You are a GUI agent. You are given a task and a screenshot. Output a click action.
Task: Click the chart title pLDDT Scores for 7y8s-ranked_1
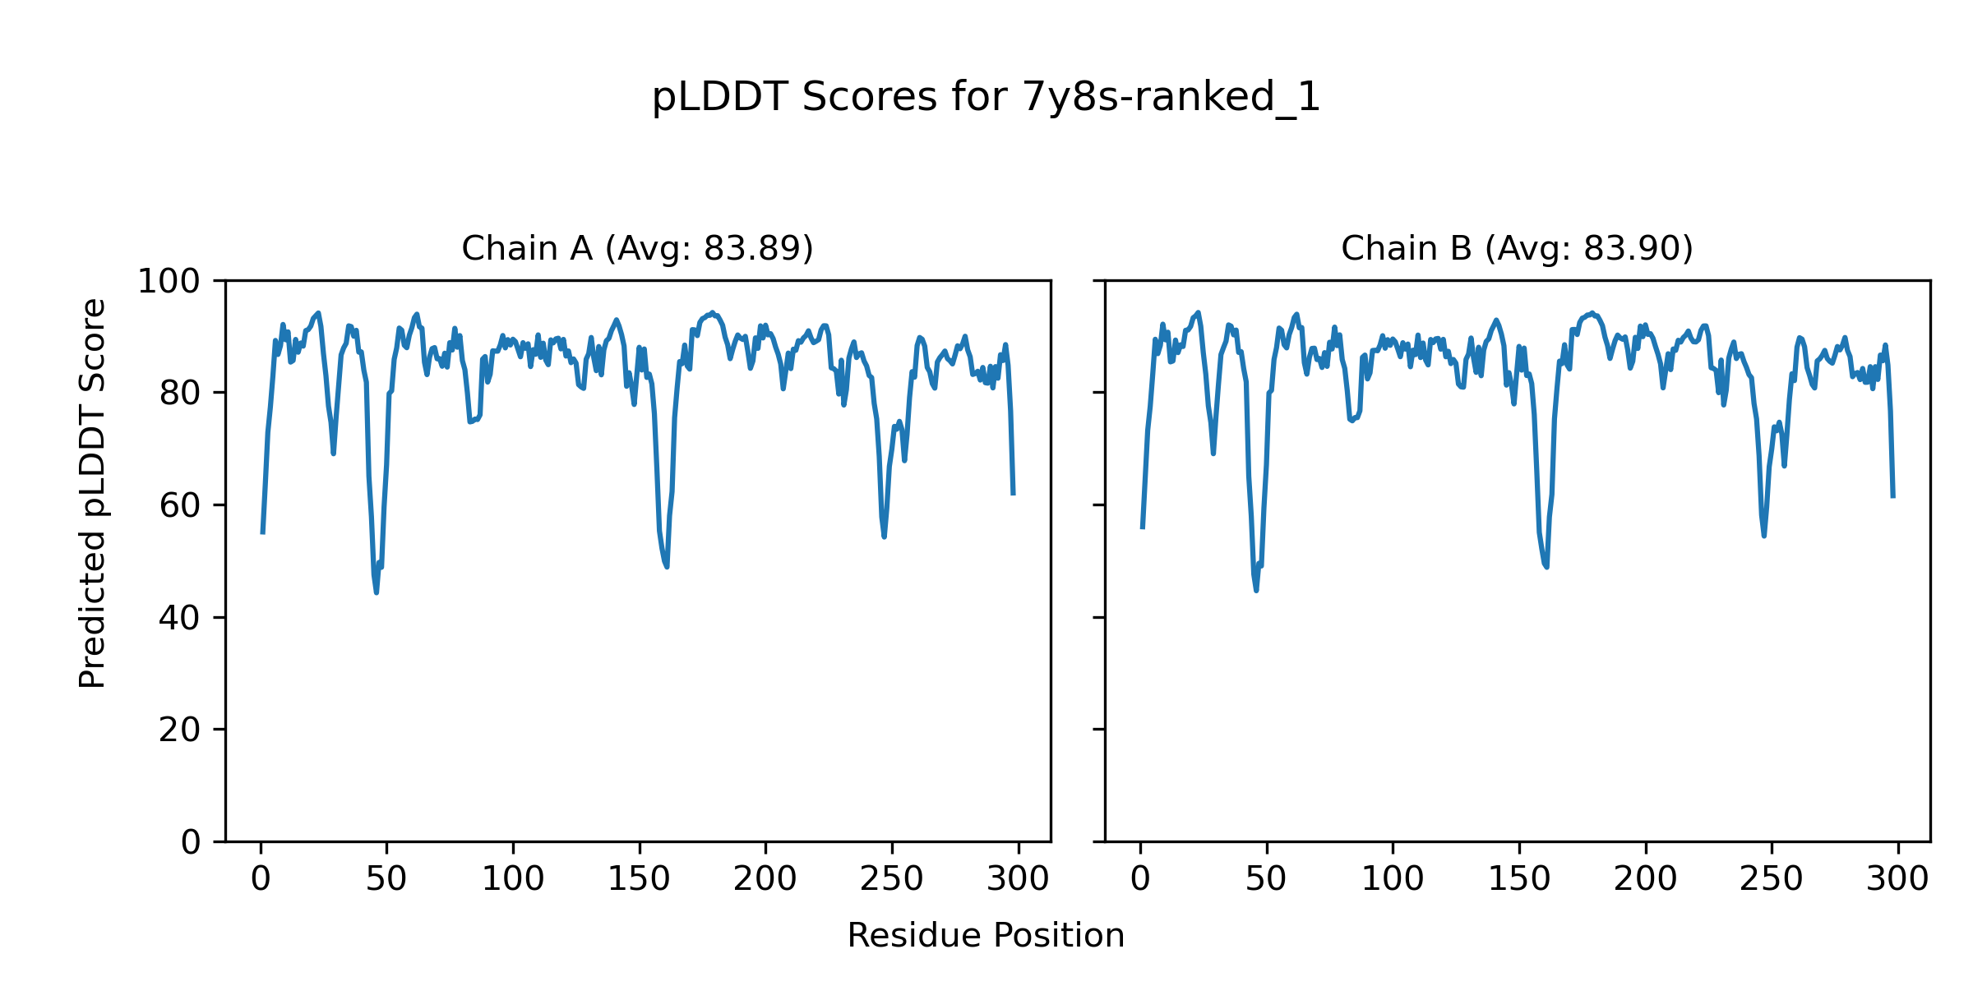[986, 98]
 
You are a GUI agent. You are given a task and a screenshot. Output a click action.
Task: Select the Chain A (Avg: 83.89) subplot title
[637, 248]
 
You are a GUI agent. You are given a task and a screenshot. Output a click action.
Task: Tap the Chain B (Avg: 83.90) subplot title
[1517, 248]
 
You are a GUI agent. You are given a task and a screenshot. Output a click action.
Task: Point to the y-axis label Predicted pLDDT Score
[92, 493]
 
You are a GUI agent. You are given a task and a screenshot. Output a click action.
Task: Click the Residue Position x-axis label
[986, 936]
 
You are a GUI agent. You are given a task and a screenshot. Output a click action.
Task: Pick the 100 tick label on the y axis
[169, 282]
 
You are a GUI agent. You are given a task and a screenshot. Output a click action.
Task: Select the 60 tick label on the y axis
[180, 506]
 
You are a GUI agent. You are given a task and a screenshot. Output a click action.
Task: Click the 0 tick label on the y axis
[191, 842]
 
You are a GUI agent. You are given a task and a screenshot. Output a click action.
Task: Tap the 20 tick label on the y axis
[180, 730]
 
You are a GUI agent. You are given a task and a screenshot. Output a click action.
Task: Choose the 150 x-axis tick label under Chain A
[639, 880]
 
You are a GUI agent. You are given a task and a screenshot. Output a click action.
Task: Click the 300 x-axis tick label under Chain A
[1018, 880]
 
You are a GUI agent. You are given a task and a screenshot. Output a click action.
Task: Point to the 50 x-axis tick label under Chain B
[1266, 880]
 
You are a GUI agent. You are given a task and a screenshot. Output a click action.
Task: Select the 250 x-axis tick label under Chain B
[1771, 880]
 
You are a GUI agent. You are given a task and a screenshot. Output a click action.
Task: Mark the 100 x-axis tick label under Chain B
[1393, 880]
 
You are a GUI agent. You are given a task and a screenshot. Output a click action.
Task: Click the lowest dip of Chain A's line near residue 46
[377, 592]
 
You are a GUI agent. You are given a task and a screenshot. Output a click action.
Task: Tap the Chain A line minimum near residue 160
[667, 566]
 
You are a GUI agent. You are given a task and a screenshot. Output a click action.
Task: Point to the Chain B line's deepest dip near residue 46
[1256, 590]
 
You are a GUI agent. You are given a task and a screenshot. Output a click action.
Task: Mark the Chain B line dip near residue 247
[1764, 536]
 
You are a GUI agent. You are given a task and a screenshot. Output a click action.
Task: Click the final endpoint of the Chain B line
[1893, 496]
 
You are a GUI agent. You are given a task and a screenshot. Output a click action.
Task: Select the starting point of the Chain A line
[262, 533]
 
